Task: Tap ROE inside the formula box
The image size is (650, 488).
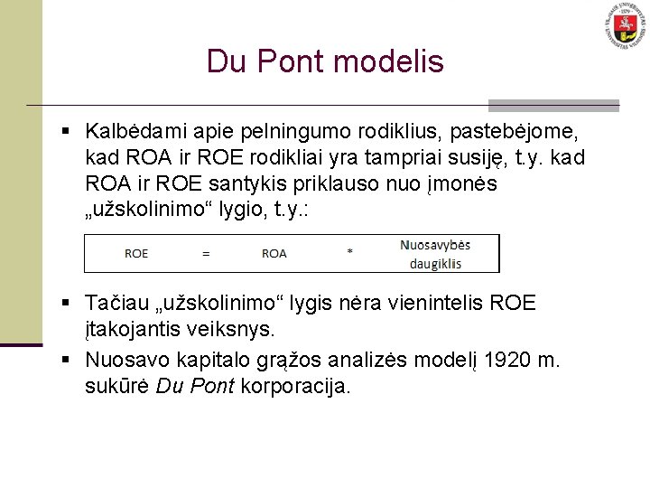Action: point(136,254)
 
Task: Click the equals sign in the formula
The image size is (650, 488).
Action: point(206,254)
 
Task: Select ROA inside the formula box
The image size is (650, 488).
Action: point(274,254)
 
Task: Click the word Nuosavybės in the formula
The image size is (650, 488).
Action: point(435,245)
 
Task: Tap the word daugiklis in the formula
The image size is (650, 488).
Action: point(435,263)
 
